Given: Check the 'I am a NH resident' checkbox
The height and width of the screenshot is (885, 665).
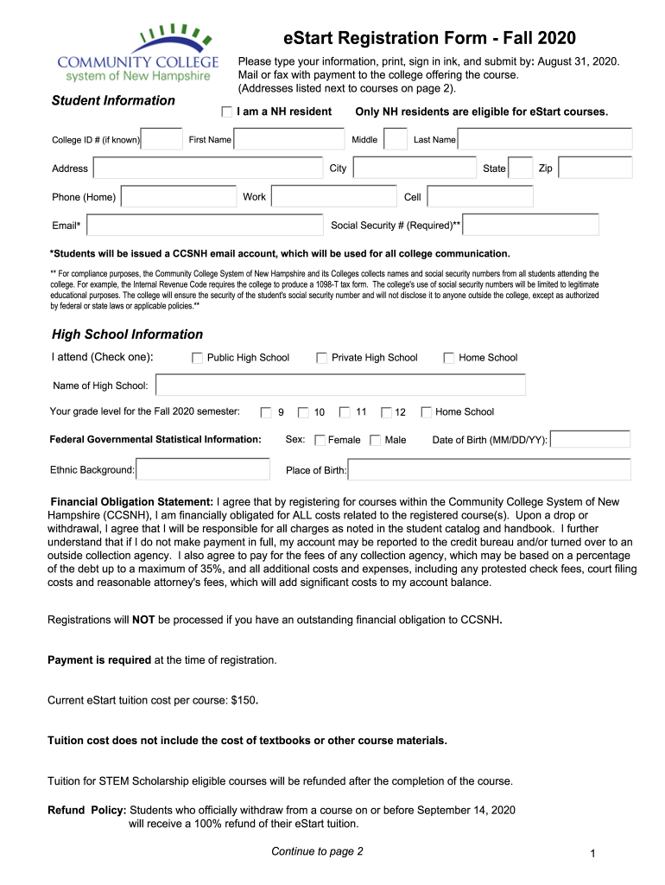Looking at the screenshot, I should tap(226, 111).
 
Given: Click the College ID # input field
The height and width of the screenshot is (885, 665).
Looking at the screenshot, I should tap(161, 139).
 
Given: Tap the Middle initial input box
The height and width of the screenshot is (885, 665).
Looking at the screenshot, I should tap(396, 139).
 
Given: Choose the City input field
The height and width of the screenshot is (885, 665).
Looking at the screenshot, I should tap(415, 169).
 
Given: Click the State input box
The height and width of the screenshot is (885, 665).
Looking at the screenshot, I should tap(520, 169).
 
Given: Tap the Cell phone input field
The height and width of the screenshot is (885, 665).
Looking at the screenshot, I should tap(480, 197).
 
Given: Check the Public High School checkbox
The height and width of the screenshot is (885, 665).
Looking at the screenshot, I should tap(198, 358).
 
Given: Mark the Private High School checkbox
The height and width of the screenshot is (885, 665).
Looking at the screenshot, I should tap(322, 358).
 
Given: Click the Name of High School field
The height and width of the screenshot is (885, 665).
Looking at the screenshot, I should tap(340, 385).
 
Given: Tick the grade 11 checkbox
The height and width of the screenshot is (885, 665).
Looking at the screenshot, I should tap(345, 412).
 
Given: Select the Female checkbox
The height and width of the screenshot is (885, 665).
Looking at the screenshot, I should tap(320, 440).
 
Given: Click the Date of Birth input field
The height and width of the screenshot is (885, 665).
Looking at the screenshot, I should tap(591, 440).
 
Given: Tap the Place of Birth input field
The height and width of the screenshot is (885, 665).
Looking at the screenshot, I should tap(490, 470).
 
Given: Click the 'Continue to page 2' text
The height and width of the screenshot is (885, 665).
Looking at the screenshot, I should tap(317, 851).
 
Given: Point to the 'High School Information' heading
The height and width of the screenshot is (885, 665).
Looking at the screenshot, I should tap(128, 334).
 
